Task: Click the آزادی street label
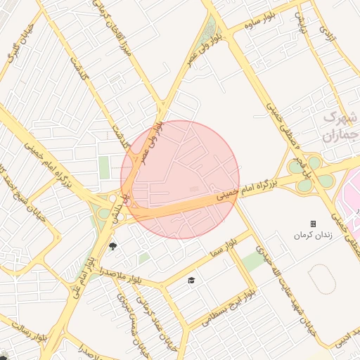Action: [x=325, y=31]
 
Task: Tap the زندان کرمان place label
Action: [x=312, y=234]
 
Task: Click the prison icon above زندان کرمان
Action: [x=313, y=224]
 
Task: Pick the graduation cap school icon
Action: [x=190, y=281]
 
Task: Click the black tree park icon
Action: [x=112, y=245]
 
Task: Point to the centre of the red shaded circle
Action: [x=180, y=179]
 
